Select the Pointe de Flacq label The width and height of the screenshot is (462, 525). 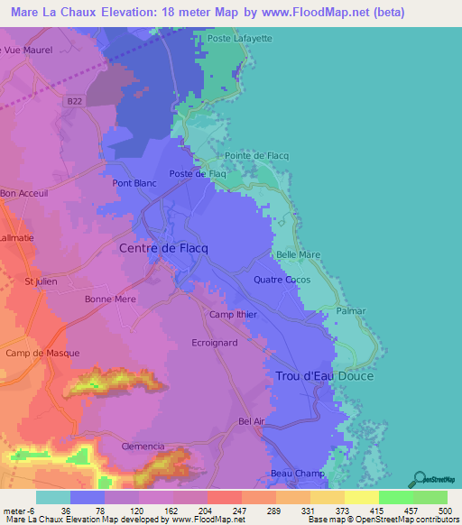point(257,156)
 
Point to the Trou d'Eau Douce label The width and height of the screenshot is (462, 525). point(324,375)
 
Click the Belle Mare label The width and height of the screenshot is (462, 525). point(299,255)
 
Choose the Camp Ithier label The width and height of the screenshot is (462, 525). point(233,315)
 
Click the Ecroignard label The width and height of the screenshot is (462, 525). point(215,343)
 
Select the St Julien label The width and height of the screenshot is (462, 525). point(41,281)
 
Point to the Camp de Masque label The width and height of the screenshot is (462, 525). point(42,353)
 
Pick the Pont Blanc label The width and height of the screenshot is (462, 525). point(134,183)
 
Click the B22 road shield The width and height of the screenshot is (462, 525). point(77,104)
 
